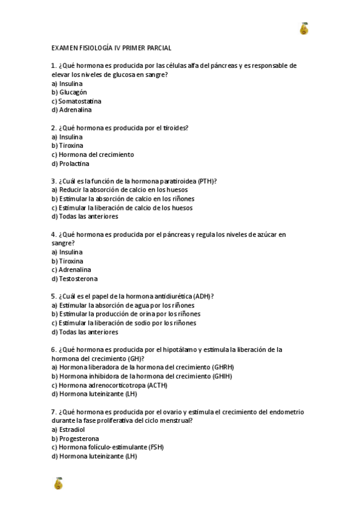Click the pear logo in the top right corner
click(x=304, y=28)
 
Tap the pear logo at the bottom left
click(x=58, y=483)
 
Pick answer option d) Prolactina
click(x=70, y=164)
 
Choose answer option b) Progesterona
click(x=75, y=438)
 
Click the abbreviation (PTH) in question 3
click(x=206, y=181)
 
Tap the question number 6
click(x=54, y=349)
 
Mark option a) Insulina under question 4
click(x=67, y=252)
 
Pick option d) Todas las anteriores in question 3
click(x=85, y=217)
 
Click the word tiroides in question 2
click(x=175, y=127)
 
